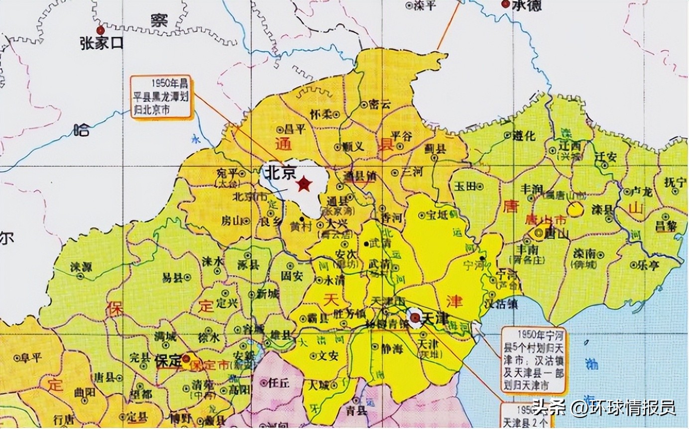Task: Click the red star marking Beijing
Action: (x=303, y=185)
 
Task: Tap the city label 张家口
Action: (x=101, y=43)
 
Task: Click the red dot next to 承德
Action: (x=505, y=4)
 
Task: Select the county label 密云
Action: (x=381, y=104)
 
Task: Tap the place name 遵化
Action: (x=524, y=135)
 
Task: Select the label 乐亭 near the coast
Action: (x=648, y=266)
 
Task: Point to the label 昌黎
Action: (x=666, y=225)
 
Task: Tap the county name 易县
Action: (x=172, y=278)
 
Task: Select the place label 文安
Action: (x=328, y=356)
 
